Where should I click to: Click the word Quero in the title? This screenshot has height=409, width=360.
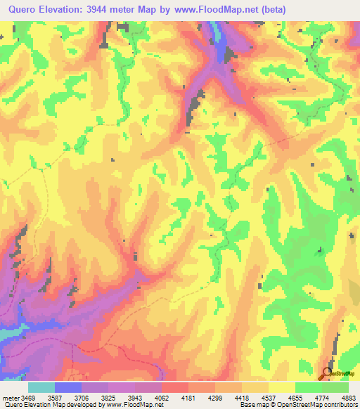click(x=25, y=10)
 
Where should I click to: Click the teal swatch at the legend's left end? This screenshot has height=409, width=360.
click(x=41, y=388)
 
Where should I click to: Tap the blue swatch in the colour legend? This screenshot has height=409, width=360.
click(x=68, y=388)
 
